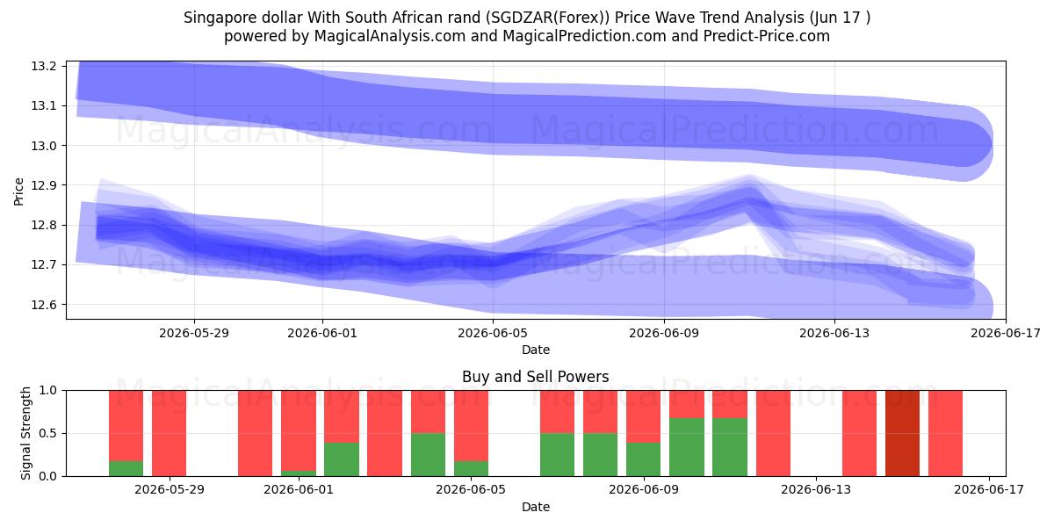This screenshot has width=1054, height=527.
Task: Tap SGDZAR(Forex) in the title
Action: coord(546,18)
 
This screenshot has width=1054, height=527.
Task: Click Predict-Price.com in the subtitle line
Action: coord(767,36)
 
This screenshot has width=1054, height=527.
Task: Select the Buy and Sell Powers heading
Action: coord(536,377)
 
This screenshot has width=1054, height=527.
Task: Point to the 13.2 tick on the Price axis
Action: coord(44,66)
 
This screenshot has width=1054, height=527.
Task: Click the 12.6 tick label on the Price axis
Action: coord(44,305)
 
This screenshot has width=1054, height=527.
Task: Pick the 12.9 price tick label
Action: coord(44,185)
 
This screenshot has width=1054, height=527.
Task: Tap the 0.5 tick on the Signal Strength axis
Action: coord(47,433)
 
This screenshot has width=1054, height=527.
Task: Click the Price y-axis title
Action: coord(18,191)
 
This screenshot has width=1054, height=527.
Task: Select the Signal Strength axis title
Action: coord(25,433)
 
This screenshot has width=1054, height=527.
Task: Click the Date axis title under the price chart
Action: coord(536,350)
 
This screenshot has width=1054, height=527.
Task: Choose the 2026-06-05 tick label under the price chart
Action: coord(493,333)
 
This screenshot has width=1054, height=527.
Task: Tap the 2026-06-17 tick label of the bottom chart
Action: coord(989,490)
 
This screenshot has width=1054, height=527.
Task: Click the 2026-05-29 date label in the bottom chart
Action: coord(169,490)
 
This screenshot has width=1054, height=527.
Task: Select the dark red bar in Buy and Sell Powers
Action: coord(902,433)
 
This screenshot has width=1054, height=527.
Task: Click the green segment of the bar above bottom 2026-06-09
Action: coord(643,459)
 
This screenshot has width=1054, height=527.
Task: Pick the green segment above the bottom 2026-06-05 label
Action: coord(471,469)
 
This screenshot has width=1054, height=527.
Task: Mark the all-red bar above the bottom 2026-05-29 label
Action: coord(169,433)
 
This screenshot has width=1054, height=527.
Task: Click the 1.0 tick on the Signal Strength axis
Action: coord(47,390)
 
